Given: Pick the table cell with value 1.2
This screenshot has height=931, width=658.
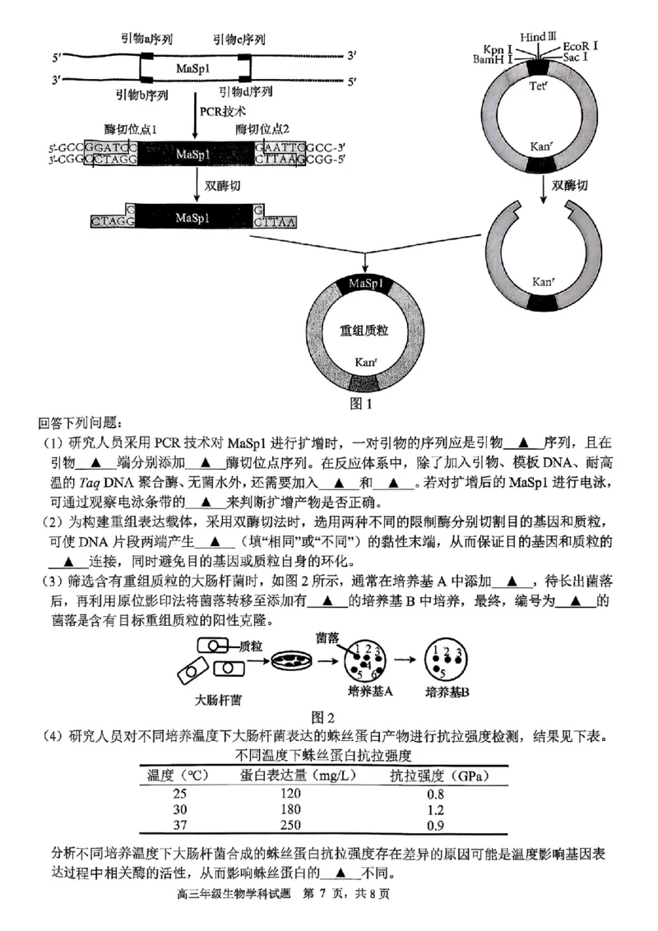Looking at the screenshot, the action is click(435, 809).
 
